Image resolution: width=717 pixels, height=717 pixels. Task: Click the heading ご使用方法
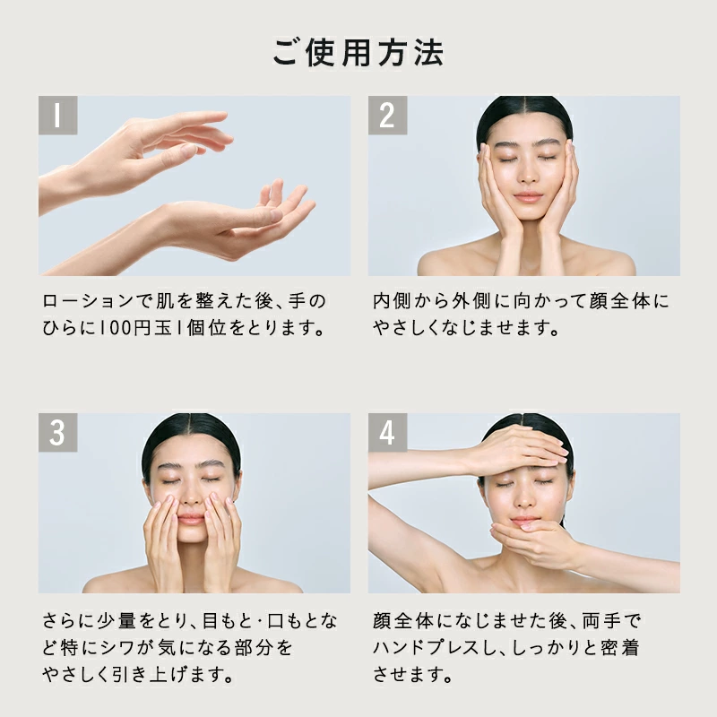click(x=358, y=52)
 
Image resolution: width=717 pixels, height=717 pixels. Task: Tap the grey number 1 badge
click(x=57, y=116)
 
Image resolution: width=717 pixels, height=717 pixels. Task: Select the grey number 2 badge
click(x=387, y=116)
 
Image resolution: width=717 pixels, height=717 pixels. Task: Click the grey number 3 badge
click(x=57, y=433)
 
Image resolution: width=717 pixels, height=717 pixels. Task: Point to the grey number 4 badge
click(x=387, y=433)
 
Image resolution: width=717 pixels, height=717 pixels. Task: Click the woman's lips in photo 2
click(x=527, y=197)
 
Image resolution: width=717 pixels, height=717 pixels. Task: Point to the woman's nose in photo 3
click(x=192, y=497)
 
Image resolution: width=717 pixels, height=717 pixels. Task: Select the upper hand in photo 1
click(x=137, y=151)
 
